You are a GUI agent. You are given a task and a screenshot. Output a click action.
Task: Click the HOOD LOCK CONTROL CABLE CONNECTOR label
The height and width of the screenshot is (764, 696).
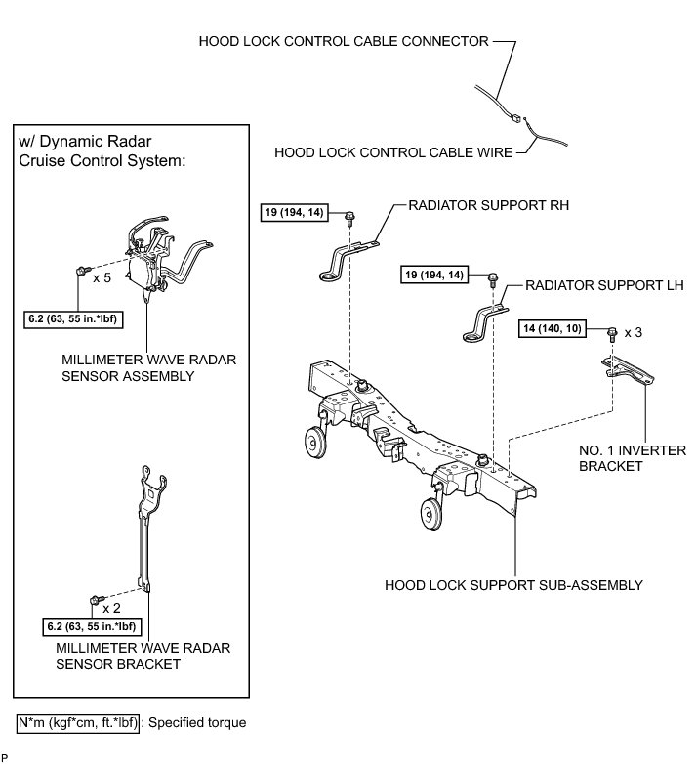click(x=343, y=42)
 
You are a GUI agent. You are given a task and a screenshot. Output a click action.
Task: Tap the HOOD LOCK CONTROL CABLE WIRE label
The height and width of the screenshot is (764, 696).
click(x=389, y=152)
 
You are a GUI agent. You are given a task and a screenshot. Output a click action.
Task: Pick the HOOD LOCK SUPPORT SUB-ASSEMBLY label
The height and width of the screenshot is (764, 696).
click(x=513, y=585)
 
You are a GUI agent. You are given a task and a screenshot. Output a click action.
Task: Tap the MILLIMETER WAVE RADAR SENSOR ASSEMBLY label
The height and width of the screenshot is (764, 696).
click(x=145, y=367)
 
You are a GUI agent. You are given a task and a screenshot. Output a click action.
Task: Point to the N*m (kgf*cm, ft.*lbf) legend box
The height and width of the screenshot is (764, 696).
click(x=77, y=724)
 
